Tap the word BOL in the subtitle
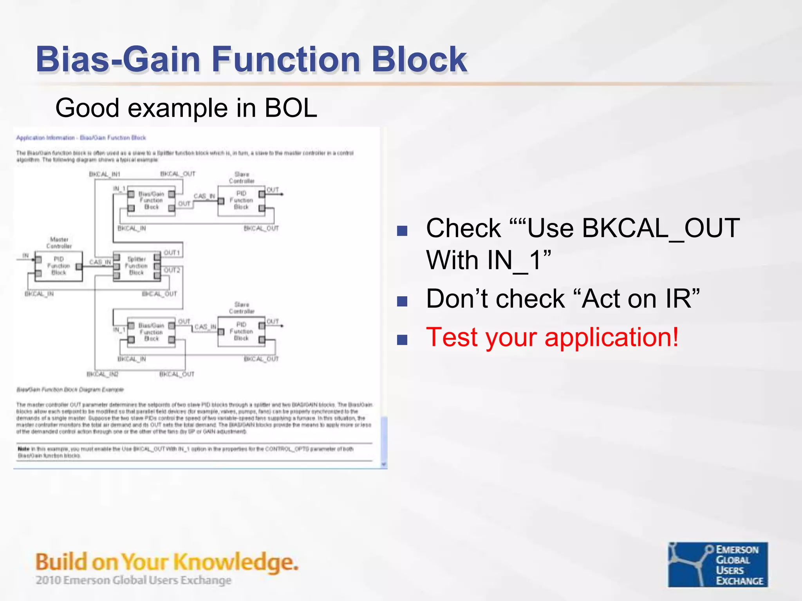(x=290, y=108)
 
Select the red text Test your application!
(x=552, y=337)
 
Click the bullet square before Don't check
(x=402, y=301)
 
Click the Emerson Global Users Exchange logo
(x=717, y=564)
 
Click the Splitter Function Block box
(x=137, y=266)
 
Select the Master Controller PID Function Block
(x=59, y=266)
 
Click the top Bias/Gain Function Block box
(x=151, y=201)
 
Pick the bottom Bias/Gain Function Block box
(x=151, y=332)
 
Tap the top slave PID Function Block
(x=241, y=200)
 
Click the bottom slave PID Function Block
(x=241, y=331)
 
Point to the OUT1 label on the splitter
(x=172, y=253)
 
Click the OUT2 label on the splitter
(x=172, y=270)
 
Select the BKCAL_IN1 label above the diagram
(x=105, y=174)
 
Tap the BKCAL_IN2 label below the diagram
(x=102, y=374)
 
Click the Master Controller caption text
(x=59, y=243)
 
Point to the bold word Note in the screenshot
(x=23, y=449)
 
